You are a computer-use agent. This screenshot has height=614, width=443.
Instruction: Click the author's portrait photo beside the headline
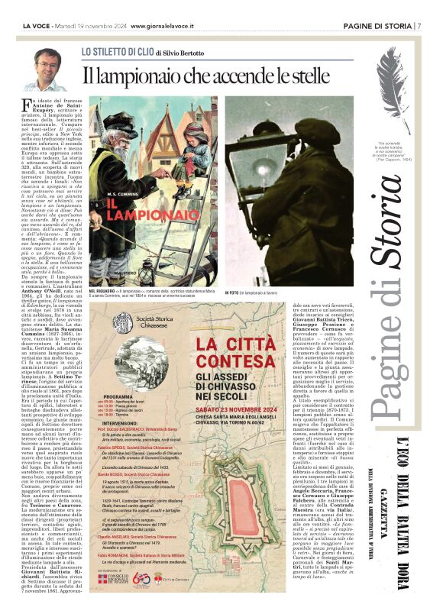coord(50,69)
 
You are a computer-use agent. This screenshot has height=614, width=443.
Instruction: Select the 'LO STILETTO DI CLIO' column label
coord(118,53)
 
